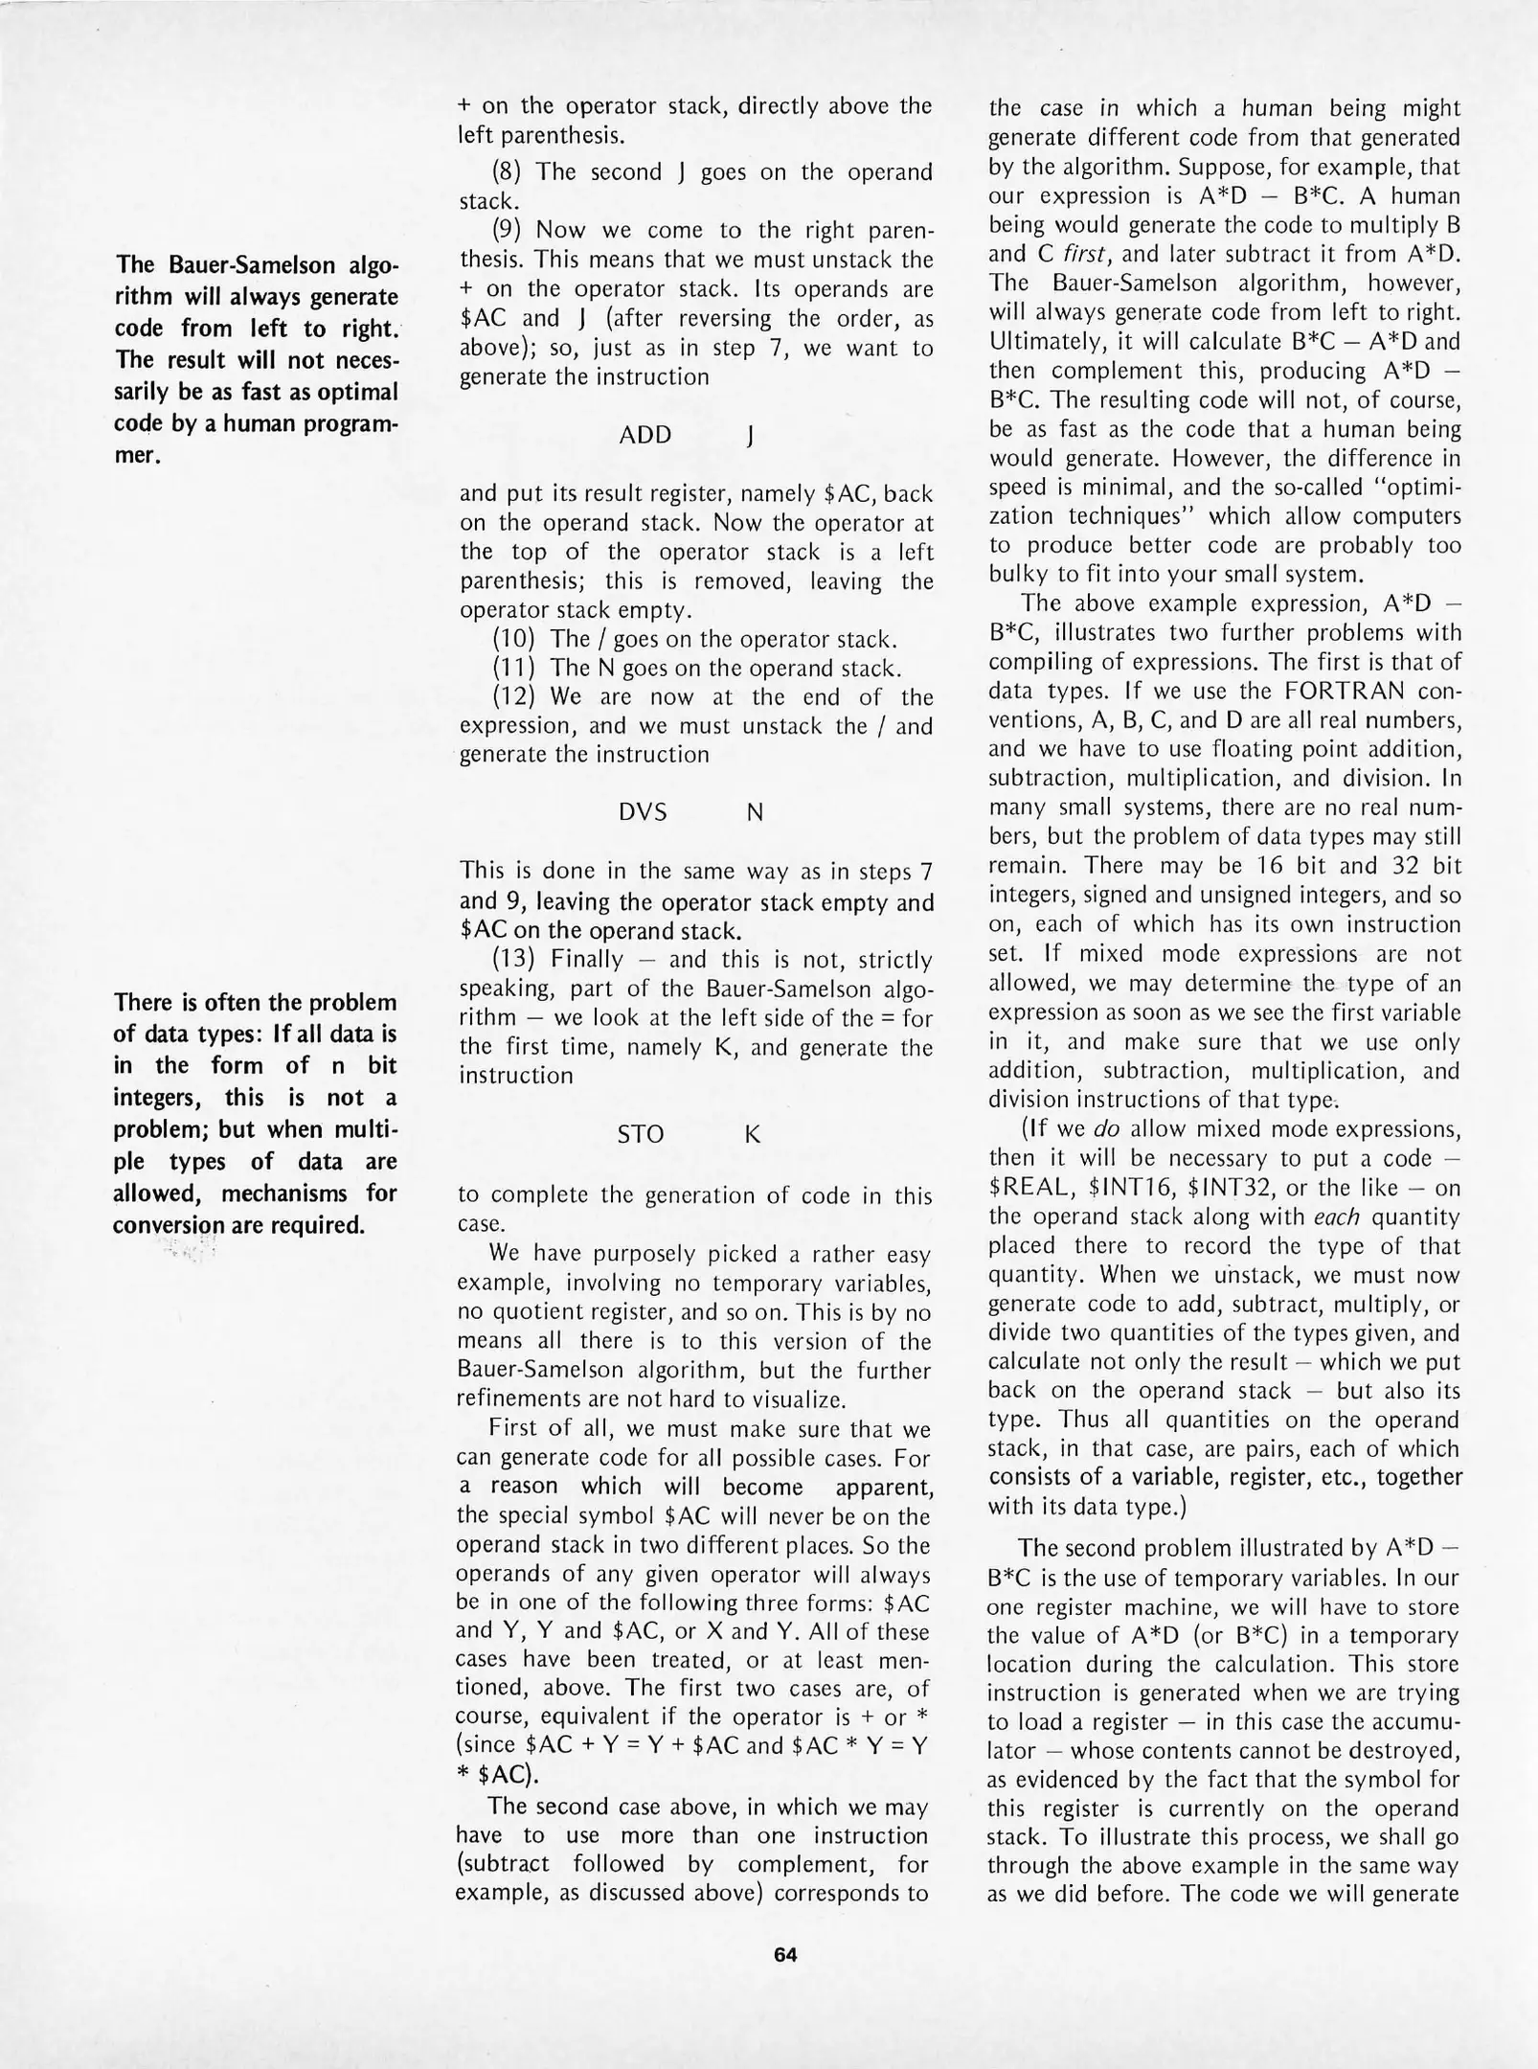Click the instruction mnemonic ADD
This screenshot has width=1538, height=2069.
[x=645, y=435]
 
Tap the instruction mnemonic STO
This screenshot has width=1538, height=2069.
[x=641, y=1134]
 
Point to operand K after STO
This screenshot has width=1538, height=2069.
[x=753, y=1134]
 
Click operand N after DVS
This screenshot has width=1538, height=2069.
[x=755, y=812]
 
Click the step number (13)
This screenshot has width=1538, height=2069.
[x=513, y=960]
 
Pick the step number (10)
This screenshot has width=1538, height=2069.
[x=513, y=639]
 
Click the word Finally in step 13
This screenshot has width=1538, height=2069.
[x=586, y=960]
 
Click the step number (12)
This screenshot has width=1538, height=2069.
[x=513, y=697]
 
